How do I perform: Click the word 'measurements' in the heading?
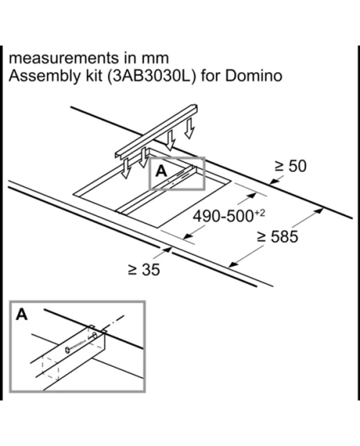64,58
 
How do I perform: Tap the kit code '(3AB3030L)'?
152,76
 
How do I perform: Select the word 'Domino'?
254,76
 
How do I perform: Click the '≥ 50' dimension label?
291,166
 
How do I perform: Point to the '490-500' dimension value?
222,217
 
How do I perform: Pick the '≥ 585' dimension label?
277,237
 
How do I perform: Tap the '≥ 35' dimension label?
144,270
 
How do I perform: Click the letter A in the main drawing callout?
161,171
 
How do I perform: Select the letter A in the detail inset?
22,314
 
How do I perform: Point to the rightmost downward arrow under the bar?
189,128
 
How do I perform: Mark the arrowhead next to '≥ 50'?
274,181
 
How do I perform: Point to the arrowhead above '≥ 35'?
168,250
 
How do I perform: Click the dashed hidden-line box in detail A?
50,369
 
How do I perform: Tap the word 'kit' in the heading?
94,76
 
